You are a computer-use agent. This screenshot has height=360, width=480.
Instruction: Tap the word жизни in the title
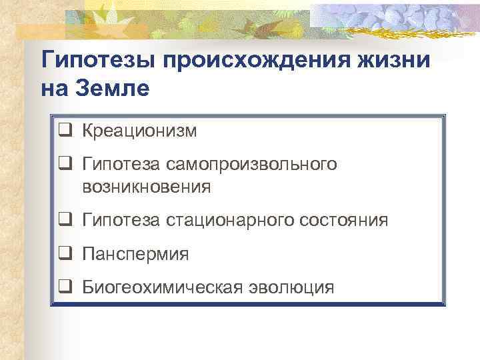point(397,61)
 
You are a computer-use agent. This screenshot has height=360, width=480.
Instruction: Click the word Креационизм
point(139,131)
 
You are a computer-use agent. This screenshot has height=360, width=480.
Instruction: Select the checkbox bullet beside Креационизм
point(65,131)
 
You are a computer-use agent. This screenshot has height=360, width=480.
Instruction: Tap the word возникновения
point(146,187)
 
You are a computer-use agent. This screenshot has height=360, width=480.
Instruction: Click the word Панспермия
point(135,254)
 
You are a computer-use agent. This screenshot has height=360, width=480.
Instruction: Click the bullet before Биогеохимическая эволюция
point(65,287)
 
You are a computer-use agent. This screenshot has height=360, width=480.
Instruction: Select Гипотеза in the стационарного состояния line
point(120,221)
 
